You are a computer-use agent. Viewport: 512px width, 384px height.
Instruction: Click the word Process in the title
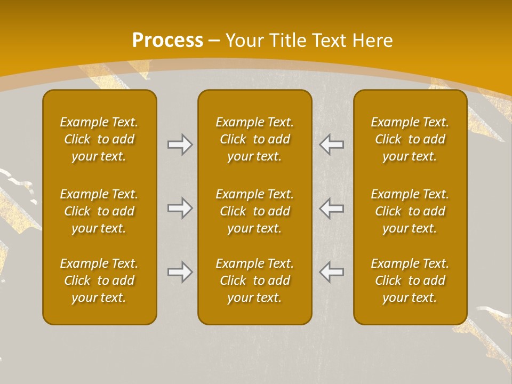pyautogui.click(x=167, y=41)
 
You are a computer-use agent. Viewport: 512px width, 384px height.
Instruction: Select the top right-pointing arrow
pyautogui.click(x=180, y=145)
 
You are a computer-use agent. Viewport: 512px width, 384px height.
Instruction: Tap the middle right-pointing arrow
pyautogui.click(x=180, y=208)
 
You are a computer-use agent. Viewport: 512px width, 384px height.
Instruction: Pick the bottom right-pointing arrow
pyautogui.click(x=180, y=272)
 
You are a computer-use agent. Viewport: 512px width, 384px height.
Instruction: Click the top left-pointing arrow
pyautogui.click(x=332, y=145)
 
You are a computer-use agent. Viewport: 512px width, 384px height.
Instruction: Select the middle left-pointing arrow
pyautogui.click(x=332, y=208)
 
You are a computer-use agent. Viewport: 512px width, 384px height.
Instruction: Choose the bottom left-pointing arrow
pyautogui.click(x=332, y=272)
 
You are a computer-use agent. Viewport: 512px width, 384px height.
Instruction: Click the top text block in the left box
pyautogui.click(x=99, y=139)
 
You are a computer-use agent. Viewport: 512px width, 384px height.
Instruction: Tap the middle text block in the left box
pyautogui.click(x=99, y=211)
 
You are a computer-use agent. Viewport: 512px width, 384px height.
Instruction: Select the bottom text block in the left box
pyautogui.click(x=99, y=281)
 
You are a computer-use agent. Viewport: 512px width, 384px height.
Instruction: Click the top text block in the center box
pyautogui.click(x=254, y=139)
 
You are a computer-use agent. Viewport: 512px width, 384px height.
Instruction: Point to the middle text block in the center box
pyautogui.click(x=254, y=211)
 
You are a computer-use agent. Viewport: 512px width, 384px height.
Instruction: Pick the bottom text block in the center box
pyautogui.click(x=254, y=281)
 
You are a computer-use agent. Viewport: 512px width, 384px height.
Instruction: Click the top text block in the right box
pyautogui.click(x=410, y=139)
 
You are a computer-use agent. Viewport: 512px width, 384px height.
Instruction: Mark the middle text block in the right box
pyautogui.click(x=410, y=211)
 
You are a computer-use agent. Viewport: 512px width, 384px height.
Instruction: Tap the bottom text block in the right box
pyautogui.click(x=410, y=281)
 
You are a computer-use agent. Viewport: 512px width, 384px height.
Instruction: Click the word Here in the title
pyautogui.click(x=373, y=41)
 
